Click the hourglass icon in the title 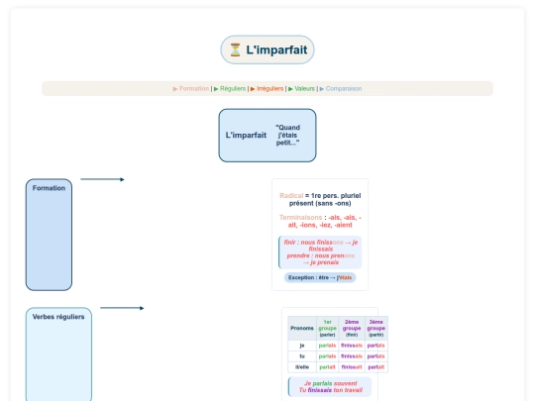pos(235,50)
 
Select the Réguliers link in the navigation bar pos(233,88)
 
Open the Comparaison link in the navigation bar pos(343,88)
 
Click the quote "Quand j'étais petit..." pos(288,135)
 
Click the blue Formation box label pos(49,188)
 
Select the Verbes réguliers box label pos(58,317)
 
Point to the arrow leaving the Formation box pos(102,179)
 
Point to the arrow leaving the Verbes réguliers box pos(122,308)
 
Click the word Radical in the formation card pos(291,195)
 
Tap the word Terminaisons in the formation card pos(302,217)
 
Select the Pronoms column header pos(302,328)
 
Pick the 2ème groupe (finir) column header pos(352,328)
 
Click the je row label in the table pos(302,346)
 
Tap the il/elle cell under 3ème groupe pos(375,366)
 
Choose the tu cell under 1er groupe pos(327,355)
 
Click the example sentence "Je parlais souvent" pos(330,383)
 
